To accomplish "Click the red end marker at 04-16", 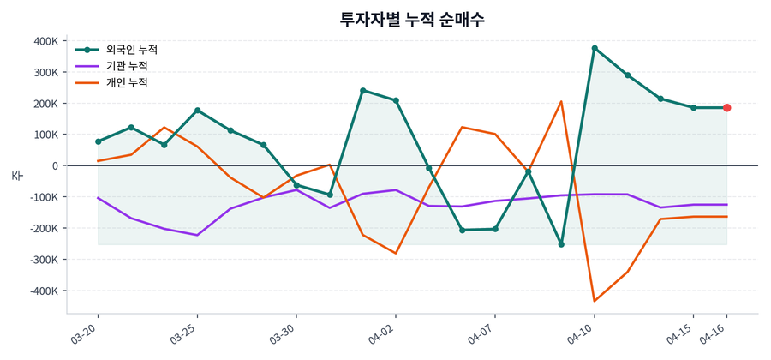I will pos(726,108).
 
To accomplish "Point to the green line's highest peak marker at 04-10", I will pos(595,48).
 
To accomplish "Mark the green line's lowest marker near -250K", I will pos(561,244).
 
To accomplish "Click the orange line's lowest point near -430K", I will pos(595,301).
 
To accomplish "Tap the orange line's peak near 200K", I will pos(561,102).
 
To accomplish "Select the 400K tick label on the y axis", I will pos(44,41).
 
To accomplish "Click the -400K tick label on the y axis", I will pos(42,291).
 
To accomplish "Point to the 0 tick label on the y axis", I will pos(55,165).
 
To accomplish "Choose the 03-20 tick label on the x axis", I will pos(86,333).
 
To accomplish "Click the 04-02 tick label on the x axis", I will pos(383,333).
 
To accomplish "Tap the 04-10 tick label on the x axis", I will pos(582,333).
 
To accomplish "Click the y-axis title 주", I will pos(16,175).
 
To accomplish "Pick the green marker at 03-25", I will pos(198,111).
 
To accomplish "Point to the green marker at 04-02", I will pos(396,100).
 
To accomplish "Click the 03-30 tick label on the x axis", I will pos(284,333).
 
